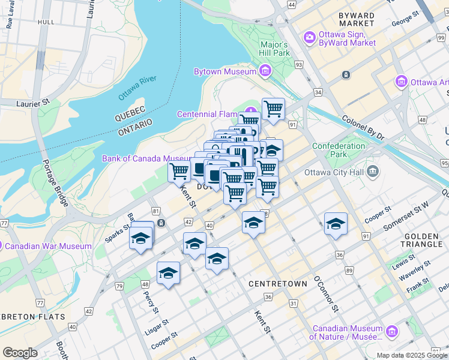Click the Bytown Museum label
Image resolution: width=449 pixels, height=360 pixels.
224,72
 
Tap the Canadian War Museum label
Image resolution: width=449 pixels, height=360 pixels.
53,246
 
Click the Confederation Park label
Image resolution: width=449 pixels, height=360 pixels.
339,150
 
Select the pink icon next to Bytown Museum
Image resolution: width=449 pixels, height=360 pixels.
265,72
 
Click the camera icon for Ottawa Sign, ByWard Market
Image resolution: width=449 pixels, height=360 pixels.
310,37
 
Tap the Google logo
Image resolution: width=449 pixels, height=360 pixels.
20,353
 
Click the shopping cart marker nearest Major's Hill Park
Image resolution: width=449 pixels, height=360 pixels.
273,109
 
